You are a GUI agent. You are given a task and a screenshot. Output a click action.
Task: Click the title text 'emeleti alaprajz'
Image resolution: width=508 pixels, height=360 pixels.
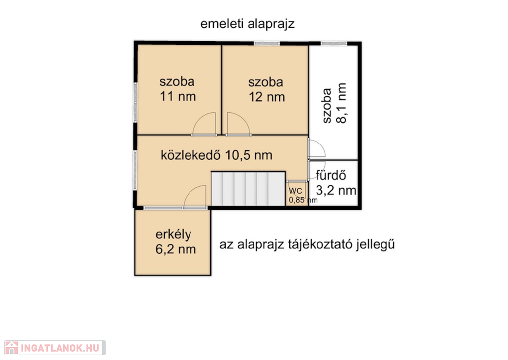[248, 24]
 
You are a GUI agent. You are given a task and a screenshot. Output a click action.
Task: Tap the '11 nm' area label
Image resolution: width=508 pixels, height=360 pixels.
[178, 97]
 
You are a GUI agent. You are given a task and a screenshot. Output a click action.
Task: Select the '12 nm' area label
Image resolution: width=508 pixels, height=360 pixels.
[266, 97]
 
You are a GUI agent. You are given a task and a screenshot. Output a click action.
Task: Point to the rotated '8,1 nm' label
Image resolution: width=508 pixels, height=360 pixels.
[341, 103]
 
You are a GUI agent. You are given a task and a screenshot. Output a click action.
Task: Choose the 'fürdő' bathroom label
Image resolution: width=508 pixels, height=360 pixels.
[331, 175]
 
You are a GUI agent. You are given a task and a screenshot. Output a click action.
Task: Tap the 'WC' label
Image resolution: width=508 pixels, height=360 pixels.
[295, 191]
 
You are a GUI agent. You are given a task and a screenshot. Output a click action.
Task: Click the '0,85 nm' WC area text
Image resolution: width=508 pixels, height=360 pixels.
[303, 200]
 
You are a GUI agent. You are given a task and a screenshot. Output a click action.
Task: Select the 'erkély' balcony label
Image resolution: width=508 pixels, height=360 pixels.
[173, 235]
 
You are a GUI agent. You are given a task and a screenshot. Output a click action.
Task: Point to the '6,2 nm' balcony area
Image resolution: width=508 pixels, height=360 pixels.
[176, 249]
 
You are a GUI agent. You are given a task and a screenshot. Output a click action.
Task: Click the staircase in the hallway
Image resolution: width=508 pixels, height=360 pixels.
[248, 188]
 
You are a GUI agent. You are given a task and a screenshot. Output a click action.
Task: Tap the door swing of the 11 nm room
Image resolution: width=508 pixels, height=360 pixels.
[204, 124]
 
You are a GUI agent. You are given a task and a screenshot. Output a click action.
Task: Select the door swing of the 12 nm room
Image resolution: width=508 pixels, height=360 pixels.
[239, 124]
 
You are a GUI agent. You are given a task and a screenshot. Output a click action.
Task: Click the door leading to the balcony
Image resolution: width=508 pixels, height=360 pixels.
[195, 196]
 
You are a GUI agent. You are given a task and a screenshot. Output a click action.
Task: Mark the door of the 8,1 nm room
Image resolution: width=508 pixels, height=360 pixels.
[316, 149]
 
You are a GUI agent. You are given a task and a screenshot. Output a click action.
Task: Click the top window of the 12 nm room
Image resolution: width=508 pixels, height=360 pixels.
[266, 44]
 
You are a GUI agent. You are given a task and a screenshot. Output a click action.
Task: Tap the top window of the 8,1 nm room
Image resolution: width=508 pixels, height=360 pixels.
[334, 44]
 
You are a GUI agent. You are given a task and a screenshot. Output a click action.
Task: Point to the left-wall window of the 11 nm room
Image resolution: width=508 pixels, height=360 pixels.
[136, 102]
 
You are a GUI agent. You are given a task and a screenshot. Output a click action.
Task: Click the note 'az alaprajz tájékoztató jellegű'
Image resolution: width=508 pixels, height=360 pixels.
[307, 244]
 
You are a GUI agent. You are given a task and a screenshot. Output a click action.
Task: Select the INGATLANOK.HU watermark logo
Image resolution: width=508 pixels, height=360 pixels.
[55, 348]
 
